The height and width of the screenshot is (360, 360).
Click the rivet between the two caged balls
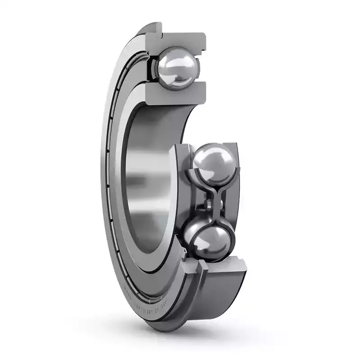[208, 205]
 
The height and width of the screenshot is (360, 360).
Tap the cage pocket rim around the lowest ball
[189, 243]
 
